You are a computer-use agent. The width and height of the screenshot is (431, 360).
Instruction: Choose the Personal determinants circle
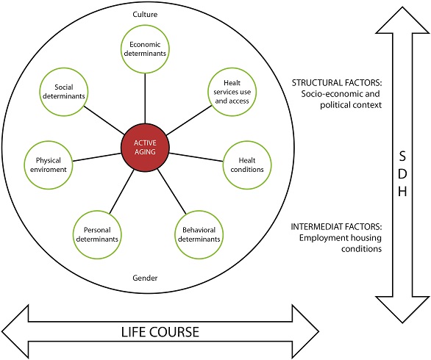pos(97,233)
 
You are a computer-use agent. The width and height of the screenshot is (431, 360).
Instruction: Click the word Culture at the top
pos(145,14)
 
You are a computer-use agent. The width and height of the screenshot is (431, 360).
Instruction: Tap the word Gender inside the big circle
pos(145,278)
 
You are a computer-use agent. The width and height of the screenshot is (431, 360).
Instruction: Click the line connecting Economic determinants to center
pos(145,96)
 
